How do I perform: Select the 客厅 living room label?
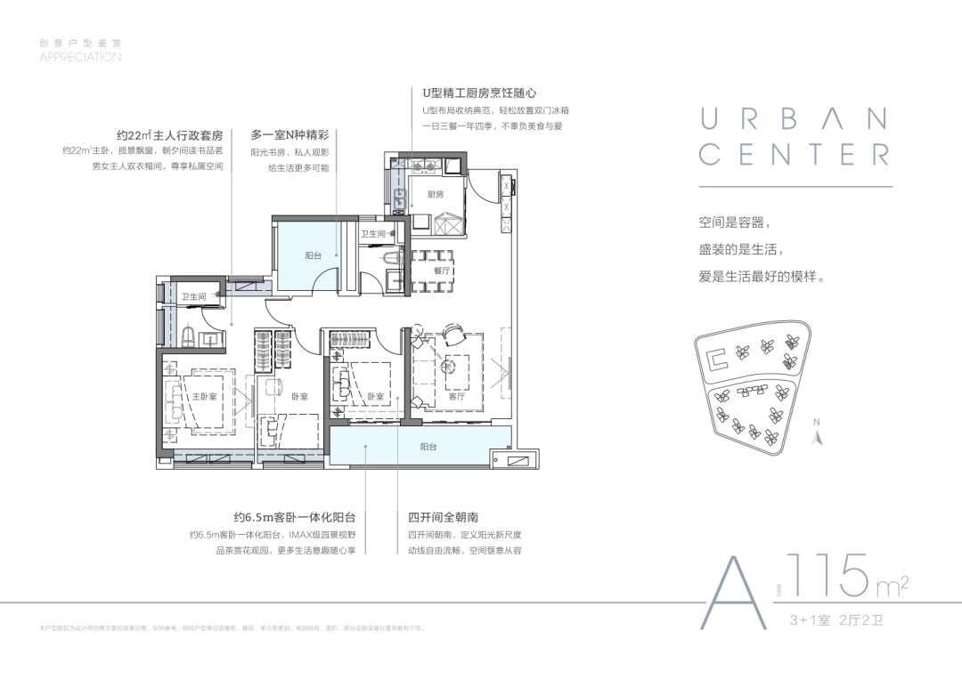[457, 397]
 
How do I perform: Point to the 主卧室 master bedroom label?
[204, 396]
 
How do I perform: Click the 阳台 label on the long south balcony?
[428, 447]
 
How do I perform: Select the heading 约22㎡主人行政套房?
[169, 135]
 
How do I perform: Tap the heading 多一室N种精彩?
[289, 135]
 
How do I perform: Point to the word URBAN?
[794, 117]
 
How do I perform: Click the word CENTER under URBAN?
[794, 154]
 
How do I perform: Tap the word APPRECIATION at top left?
[80, 57]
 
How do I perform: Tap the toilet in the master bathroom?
[188, 335]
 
